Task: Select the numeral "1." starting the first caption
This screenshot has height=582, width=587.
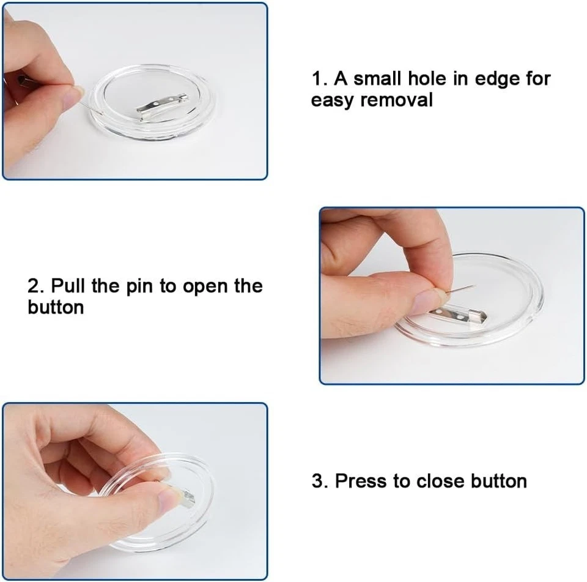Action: pos(320,78)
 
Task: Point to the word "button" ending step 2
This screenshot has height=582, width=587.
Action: pos(56,307)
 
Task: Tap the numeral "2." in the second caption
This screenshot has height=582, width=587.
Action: pos(35,286)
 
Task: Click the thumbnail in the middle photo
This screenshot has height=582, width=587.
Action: pos(426,302)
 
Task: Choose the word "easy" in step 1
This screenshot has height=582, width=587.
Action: pos(333,99)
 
